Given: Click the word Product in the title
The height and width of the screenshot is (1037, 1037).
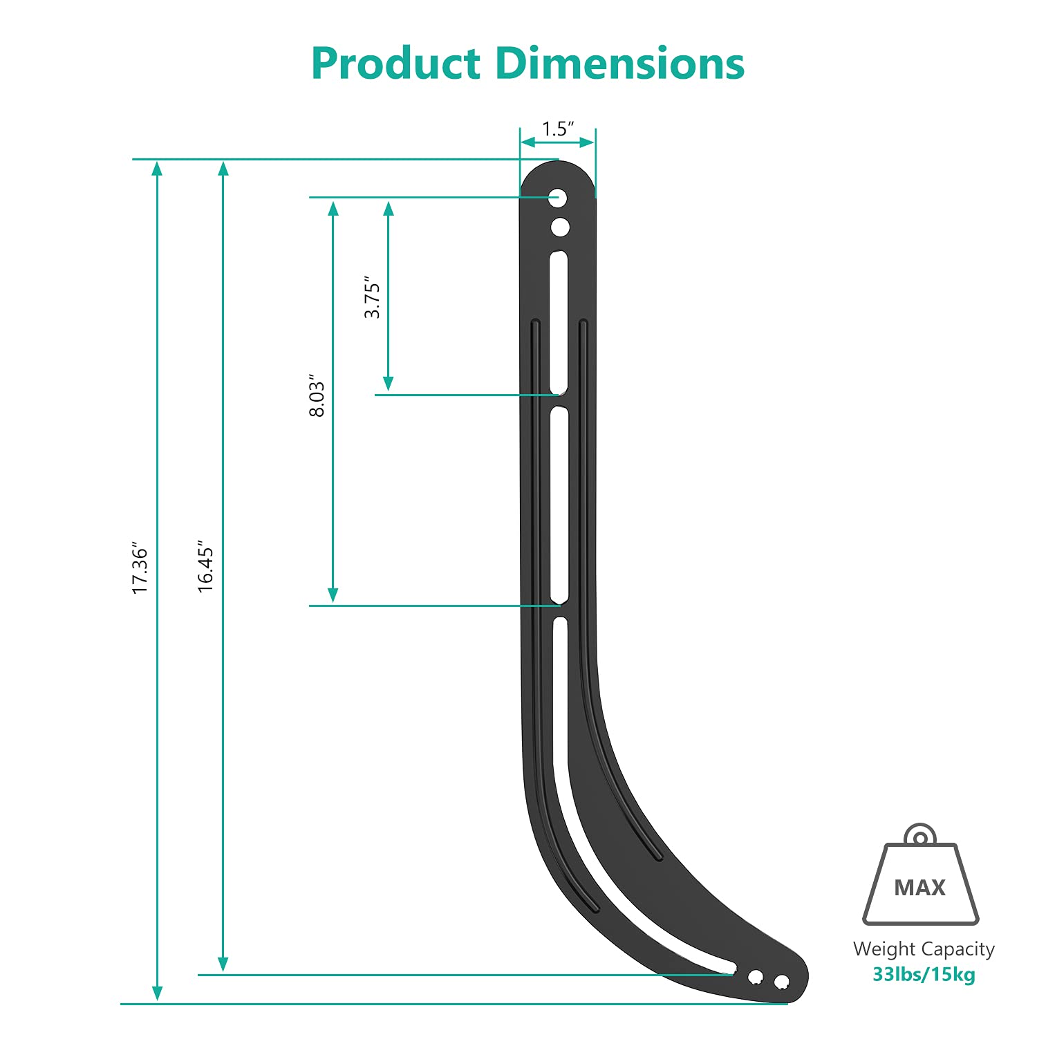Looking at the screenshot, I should pyautogui.click(x=395, y=64).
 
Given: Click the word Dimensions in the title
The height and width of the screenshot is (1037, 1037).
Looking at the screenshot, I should pyautogui.click(x=620, y=64).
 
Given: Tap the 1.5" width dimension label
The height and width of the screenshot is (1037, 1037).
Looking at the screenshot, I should pyautogui.click(x=558, y=129).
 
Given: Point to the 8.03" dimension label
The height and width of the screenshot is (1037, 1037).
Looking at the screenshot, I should pyautogui.click(x=317, y=396).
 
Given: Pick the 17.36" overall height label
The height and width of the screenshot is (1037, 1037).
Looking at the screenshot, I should pyautogui.click(x=140, y=568).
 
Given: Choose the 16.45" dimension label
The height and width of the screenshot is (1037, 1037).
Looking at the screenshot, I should pyautogui.click(x=205, y=566).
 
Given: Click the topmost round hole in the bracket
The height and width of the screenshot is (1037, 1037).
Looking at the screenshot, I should pyautogui.click(x=559, y=198).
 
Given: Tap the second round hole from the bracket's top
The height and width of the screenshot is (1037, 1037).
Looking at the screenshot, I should pyautogui.click(x=560, y=227).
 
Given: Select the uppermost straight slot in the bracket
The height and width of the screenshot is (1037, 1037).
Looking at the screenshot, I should pyautogui.click(x=559, y=323).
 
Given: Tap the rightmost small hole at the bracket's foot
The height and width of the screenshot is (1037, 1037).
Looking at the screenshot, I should pyautogui.click(x=781, y=982).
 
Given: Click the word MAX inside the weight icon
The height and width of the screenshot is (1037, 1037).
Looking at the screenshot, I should pyautogui.click(x=919, y=888).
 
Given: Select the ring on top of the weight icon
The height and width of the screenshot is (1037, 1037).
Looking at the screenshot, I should pyautogui.click(x=920, y=837).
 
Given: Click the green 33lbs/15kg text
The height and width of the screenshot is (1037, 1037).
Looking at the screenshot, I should pyautogui.click(x=924, y=975).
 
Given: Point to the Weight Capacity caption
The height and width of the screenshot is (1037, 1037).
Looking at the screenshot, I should pyautogui.click(x=924, y=949).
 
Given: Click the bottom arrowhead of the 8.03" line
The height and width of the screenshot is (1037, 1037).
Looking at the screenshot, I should pyautogui.click(x=333, y=595).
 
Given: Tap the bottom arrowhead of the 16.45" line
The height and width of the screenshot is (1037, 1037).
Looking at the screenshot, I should pyautogui.click(x=223, y=964).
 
